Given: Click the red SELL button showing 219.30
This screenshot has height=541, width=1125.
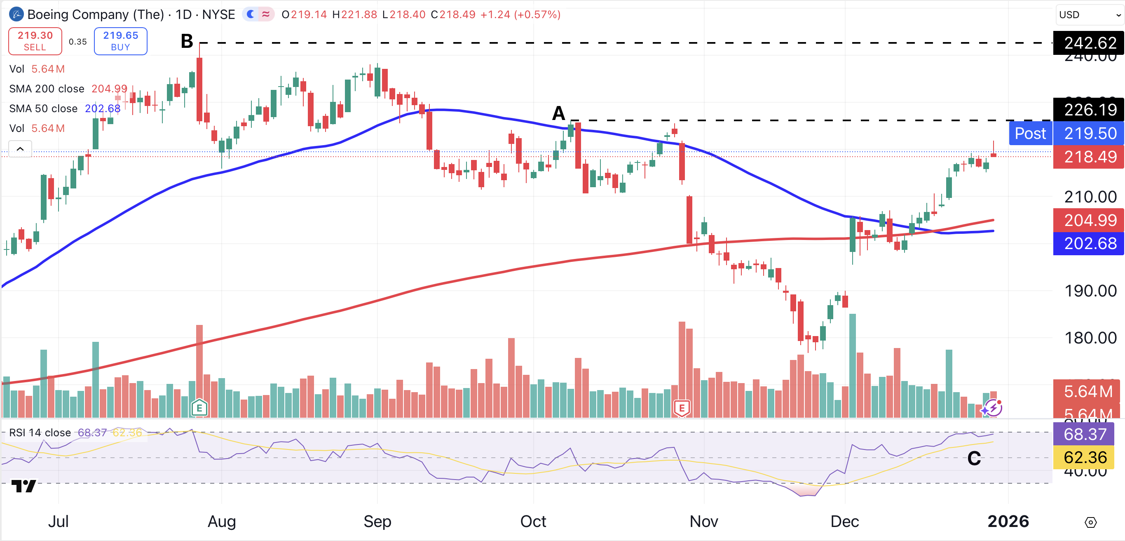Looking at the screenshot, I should pos(35,41).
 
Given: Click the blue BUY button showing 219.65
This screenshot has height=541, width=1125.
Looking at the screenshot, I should pos(120,41).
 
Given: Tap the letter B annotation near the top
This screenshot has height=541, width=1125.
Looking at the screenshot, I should pos(187,42).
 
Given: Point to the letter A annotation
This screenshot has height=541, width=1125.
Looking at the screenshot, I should pos(558,114).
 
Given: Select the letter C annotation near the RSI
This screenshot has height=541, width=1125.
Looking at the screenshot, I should pos(974,459).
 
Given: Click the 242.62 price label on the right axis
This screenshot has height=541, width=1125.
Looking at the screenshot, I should pos(1089,43).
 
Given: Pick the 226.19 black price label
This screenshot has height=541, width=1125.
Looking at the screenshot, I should pos(1089,110).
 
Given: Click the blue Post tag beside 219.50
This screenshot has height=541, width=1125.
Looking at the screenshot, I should pos(1030,133).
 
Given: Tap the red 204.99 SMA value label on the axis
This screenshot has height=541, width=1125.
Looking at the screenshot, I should pos(1089,220).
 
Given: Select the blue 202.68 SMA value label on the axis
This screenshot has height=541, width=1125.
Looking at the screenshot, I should pos(1089,243).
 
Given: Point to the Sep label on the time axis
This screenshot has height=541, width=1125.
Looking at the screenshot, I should pos(377,521).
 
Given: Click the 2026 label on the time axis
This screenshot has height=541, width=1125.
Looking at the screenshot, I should pos(1008,521).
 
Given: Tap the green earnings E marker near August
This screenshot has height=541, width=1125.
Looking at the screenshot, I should pos(199,409).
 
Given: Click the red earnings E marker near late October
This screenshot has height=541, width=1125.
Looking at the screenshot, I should pos(682,409).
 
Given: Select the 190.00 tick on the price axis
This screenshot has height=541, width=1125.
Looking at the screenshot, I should pos(1090,291).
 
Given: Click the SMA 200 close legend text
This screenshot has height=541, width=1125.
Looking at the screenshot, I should pos(47,89).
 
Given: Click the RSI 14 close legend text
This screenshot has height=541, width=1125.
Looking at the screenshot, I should pos(40,433).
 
